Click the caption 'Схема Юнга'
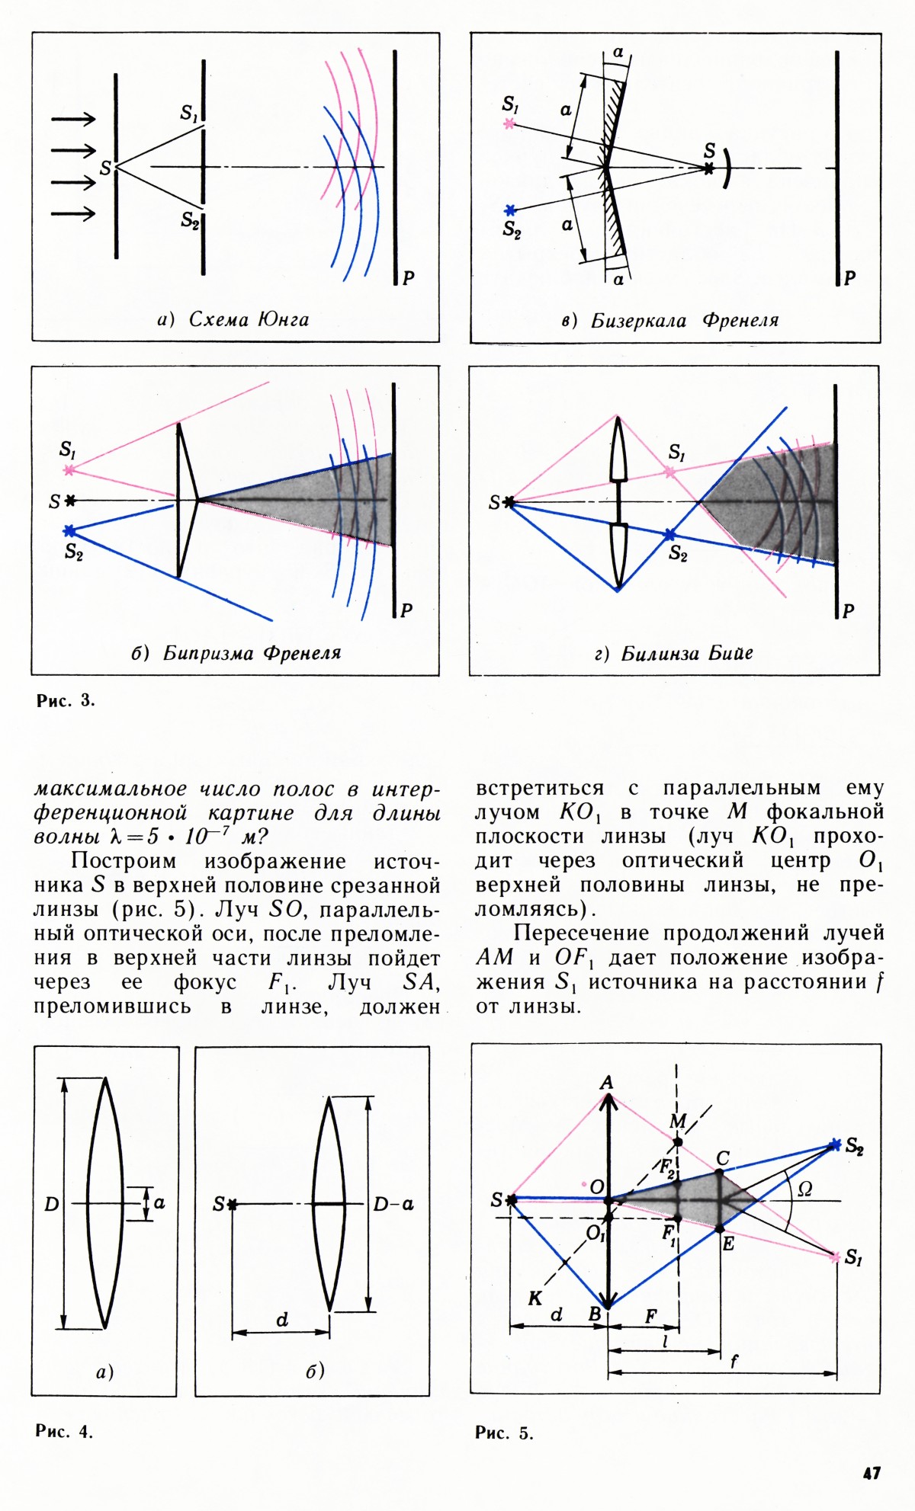click(x=249, y=319)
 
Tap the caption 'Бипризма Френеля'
click(x=252, y=653)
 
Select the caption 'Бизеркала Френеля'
click(x=685, y=320)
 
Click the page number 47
click(x=872, y=1474)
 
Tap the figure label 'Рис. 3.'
click(x=66, y=701)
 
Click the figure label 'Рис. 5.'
click(x=504, y=1433)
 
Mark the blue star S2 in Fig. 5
click(x=836, y=1144)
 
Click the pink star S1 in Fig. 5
click(x=835, y=1256)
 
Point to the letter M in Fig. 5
click(x=677, y=1122)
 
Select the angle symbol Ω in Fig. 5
click(x=804, y=1189)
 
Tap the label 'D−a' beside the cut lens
click(x=393, y=1204)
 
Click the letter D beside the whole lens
click(x=51, y=1204)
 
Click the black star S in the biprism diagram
click(x=71, y=501)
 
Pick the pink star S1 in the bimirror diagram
click(x=509, y=123)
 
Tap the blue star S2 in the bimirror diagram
click(x=510, y=210)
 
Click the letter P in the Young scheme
click(x=408, y=278)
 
